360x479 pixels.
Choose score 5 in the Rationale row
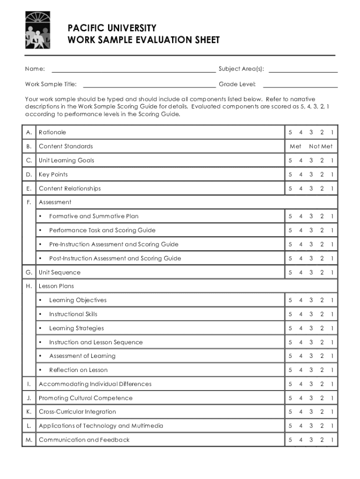tap(290, 132)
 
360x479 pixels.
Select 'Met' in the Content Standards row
tap(295, 146)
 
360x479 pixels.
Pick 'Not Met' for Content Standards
tap(321, 146)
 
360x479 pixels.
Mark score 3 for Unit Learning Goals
tap(311, 160)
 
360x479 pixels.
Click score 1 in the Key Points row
tap(332, 174)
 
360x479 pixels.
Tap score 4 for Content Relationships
tap(301, 189)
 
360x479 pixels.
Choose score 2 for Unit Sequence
tap(322, 272)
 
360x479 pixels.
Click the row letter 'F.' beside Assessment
tap(29, 202)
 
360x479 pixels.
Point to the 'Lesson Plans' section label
tap(56, 286)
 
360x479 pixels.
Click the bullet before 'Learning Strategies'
tap(41, 328)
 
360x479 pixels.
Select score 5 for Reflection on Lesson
tap(290, 370)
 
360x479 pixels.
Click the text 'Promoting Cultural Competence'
tap(86, 398)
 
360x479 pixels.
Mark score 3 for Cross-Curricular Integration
tap(311, 412)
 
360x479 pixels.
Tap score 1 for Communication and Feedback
tap(332, 440)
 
